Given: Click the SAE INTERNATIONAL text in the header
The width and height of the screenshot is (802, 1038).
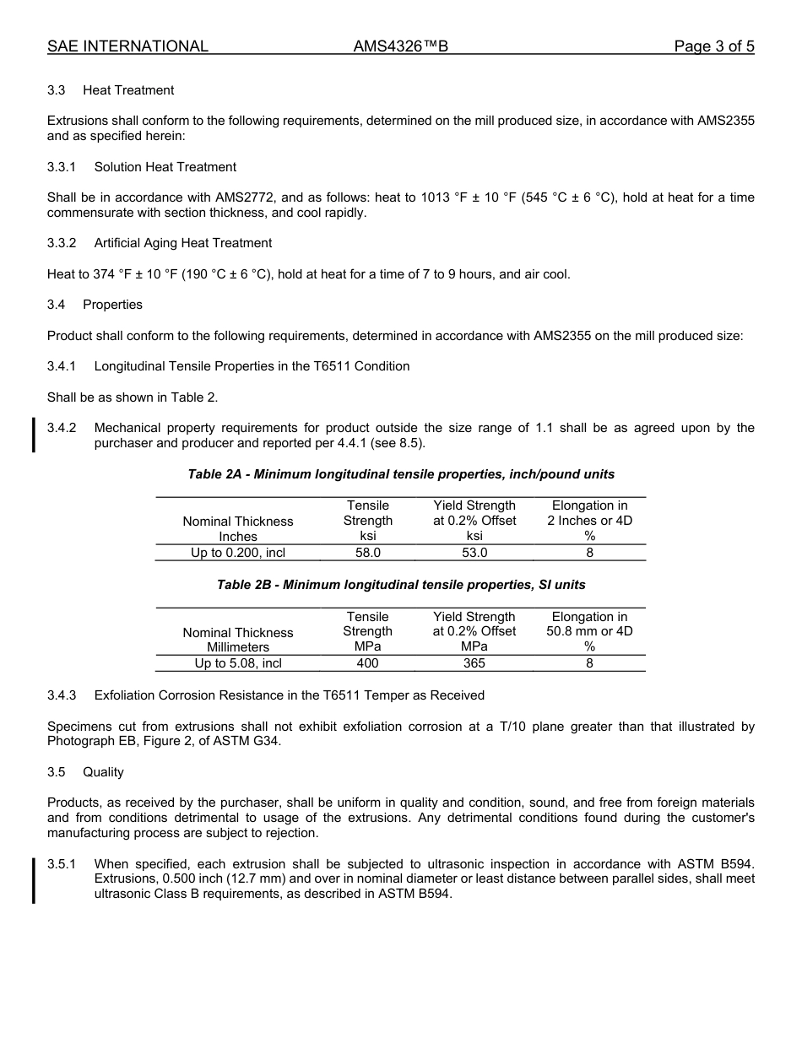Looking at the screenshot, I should tap(127, 46).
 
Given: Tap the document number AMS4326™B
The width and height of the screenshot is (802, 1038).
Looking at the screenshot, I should tap(400, 46).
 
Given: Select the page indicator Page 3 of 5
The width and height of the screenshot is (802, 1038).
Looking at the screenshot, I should tap(713, 46).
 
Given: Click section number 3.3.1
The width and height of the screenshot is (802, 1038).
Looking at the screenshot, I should tap(62, 167).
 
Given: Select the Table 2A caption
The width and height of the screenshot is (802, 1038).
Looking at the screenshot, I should tap(401, 474).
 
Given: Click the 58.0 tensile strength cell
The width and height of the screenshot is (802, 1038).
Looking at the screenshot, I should tap(368, 553).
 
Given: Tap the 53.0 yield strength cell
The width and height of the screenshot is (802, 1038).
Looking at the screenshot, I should tap(474, 553).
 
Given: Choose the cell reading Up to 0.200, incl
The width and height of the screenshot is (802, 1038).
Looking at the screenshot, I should tap(238, 553).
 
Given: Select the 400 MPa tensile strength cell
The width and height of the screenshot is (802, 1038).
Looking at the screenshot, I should tap(368, 663).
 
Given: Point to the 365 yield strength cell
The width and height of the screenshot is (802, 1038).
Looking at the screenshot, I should tap(474, 663).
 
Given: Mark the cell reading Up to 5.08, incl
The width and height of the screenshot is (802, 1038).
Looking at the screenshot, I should tap(238, 663).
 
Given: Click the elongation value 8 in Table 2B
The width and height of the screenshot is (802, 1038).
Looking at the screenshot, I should tap(589, 663).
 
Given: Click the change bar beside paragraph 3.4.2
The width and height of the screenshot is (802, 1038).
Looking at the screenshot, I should tap(34, 435).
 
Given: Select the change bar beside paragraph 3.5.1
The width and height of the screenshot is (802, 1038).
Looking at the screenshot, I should tap(34, 879).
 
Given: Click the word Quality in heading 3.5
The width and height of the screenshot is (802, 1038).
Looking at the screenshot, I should tap(103, 772).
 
